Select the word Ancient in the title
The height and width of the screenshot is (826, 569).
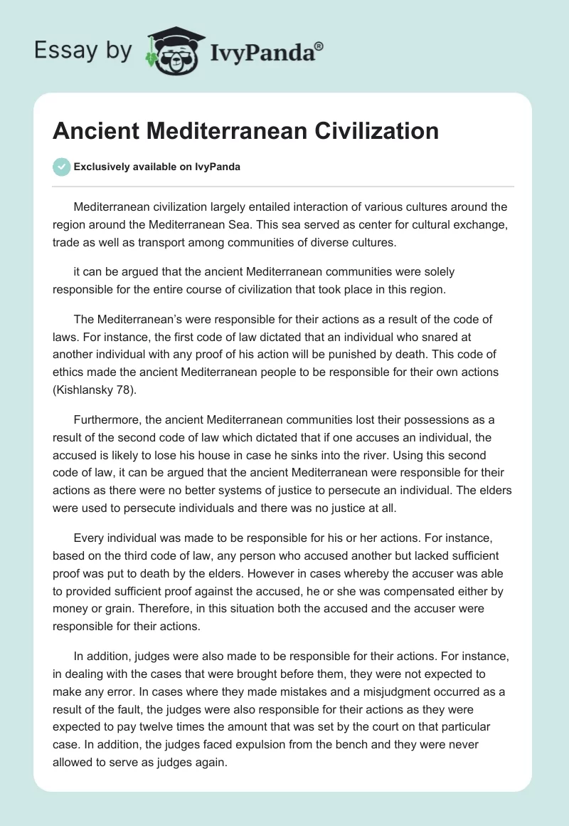coord(96,131)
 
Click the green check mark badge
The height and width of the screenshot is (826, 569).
coord(61,167)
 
